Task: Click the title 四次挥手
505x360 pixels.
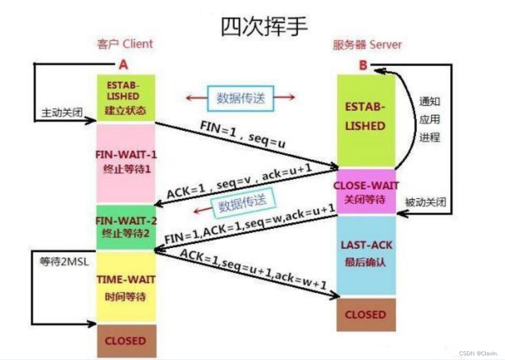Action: tap(264, 26)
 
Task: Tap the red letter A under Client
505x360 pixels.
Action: tap(123, 65)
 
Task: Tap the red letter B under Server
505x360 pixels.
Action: tap(363, 65)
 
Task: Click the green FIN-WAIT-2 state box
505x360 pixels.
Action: tap(125, 227)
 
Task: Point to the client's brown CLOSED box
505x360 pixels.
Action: tap(125, 341)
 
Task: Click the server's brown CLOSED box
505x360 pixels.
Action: tap(365, 315)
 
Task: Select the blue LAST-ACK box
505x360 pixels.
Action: tap(366, 254)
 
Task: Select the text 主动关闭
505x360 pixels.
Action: tap(62, 112)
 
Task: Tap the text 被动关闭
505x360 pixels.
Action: tap(425, 202)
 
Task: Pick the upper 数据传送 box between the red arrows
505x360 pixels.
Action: tap(240, 98)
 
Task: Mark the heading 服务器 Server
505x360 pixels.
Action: tap(367, 45)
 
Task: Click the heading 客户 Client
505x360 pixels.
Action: tap(125, 44)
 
